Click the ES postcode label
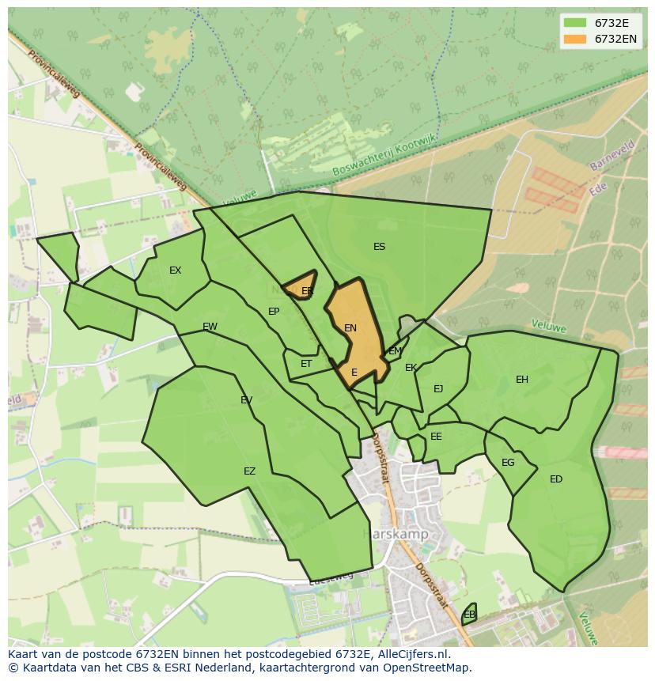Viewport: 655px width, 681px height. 379,247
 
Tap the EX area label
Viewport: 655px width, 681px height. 175,271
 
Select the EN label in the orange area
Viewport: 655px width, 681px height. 350,328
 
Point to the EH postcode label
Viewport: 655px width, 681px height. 522,380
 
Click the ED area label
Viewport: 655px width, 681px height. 556,479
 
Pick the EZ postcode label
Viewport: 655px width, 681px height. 249,471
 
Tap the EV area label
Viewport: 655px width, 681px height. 246,400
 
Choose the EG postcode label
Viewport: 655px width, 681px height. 508,463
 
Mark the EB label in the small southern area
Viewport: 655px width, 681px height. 469,615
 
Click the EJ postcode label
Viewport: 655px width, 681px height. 438,388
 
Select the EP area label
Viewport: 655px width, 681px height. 274,312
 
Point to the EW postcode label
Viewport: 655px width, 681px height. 210,327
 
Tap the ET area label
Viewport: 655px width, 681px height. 306,364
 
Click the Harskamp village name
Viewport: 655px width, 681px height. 396,535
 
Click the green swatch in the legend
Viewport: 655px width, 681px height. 575,23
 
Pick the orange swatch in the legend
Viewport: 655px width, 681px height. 575,39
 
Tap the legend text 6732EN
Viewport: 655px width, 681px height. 615,39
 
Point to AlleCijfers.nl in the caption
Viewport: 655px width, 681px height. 411,654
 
